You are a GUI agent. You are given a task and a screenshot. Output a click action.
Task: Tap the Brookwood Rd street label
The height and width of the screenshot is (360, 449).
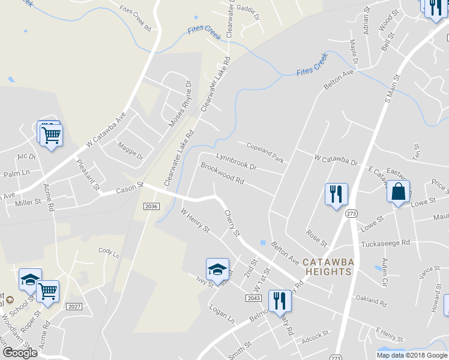click(x=222, y=173)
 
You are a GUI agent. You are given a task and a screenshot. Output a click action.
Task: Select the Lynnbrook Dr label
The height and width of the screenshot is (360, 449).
click(x=236, y=161)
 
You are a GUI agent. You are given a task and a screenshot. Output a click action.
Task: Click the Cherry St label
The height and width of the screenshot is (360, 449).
click(x=232, y=222)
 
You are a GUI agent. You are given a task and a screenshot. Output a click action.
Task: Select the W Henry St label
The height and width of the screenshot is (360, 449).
click(x=195, y=220)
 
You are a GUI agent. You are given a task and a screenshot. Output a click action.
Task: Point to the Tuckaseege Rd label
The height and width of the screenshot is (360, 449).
click(x=385, y=243)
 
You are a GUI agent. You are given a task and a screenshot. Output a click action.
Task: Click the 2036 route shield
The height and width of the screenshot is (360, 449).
click(x=151, y=206)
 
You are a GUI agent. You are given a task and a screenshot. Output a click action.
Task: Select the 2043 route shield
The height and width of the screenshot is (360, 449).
click(x=253, y=298)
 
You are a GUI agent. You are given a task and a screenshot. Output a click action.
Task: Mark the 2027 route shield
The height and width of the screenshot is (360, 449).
click(x=74, y=307)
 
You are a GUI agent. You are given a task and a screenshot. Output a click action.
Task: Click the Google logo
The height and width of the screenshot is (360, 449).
click(x=20, y=352)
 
